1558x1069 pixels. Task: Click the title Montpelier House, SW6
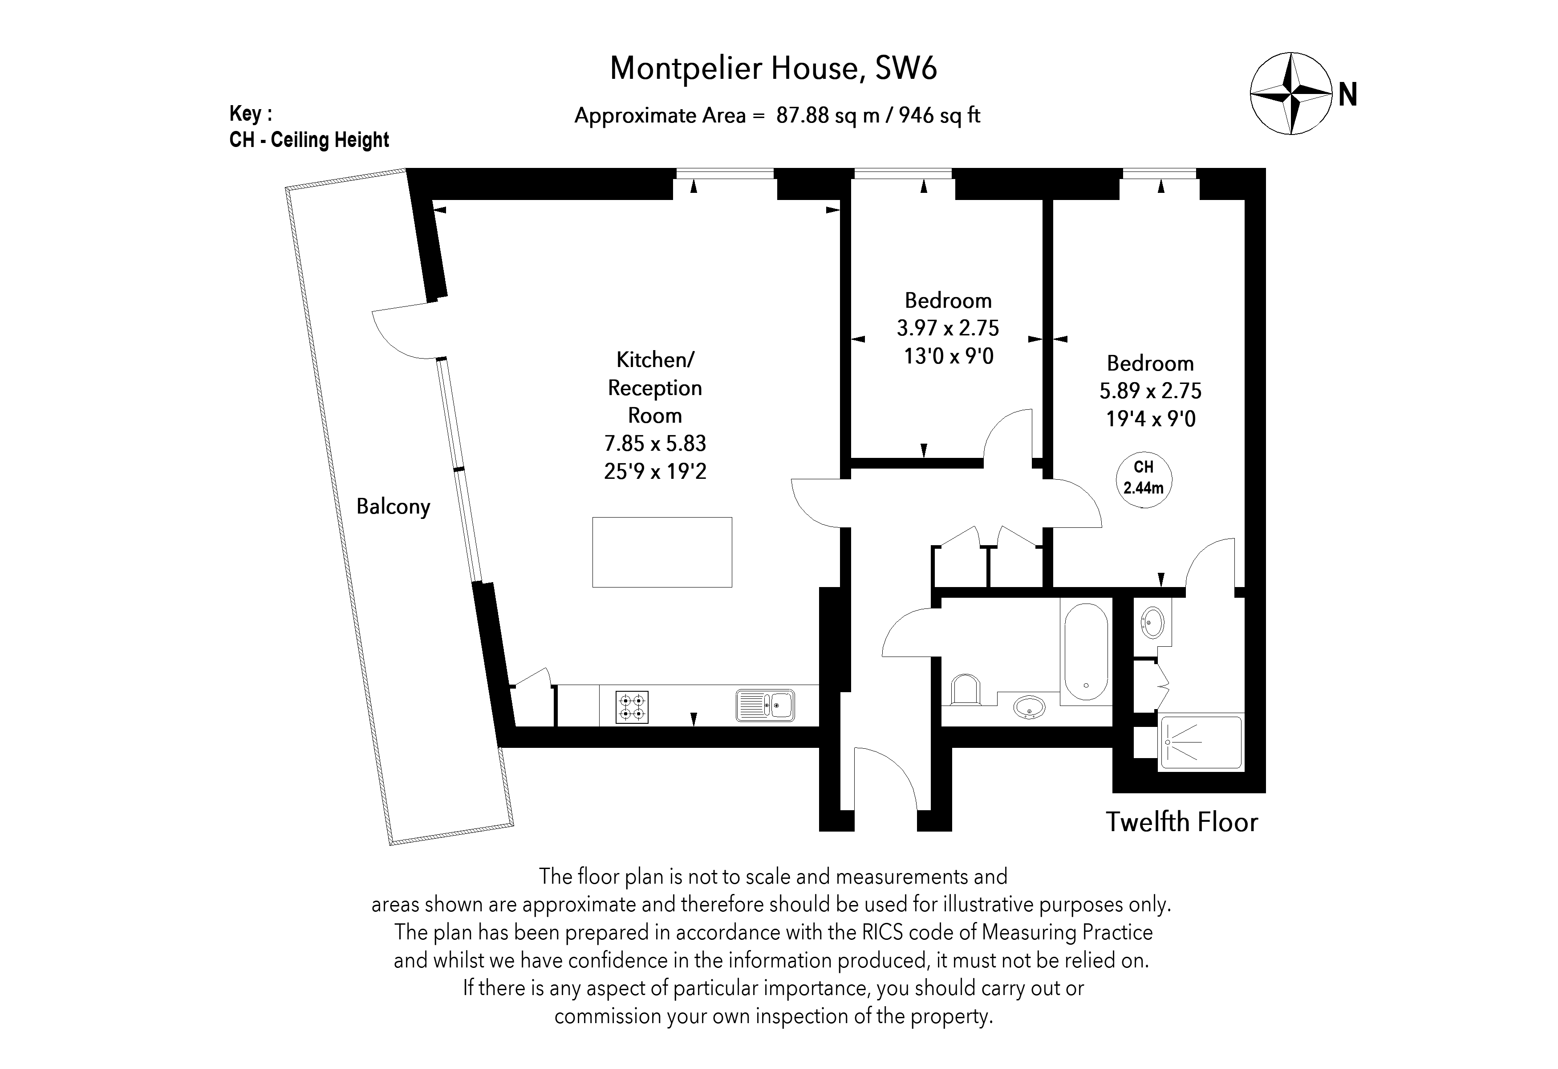pyautogui.click(x=773, y=69)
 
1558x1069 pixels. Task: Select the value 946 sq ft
pyautogui.click(x=939, y=116)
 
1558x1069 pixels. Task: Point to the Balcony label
pyautogui.click(x=393, y=506)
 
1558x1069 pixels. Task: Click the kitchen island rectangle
pyautogui.click(x=661, y=552)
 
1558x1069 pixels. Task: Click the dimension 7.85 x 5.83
pyautogui.click(x=655, y=443)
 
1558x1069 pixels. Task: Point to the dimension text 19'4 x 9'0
pyautogui.click(x=1150, y=419)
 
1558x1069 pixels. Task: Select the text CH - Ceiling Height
pyautogui.click(x=309, y=140)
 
